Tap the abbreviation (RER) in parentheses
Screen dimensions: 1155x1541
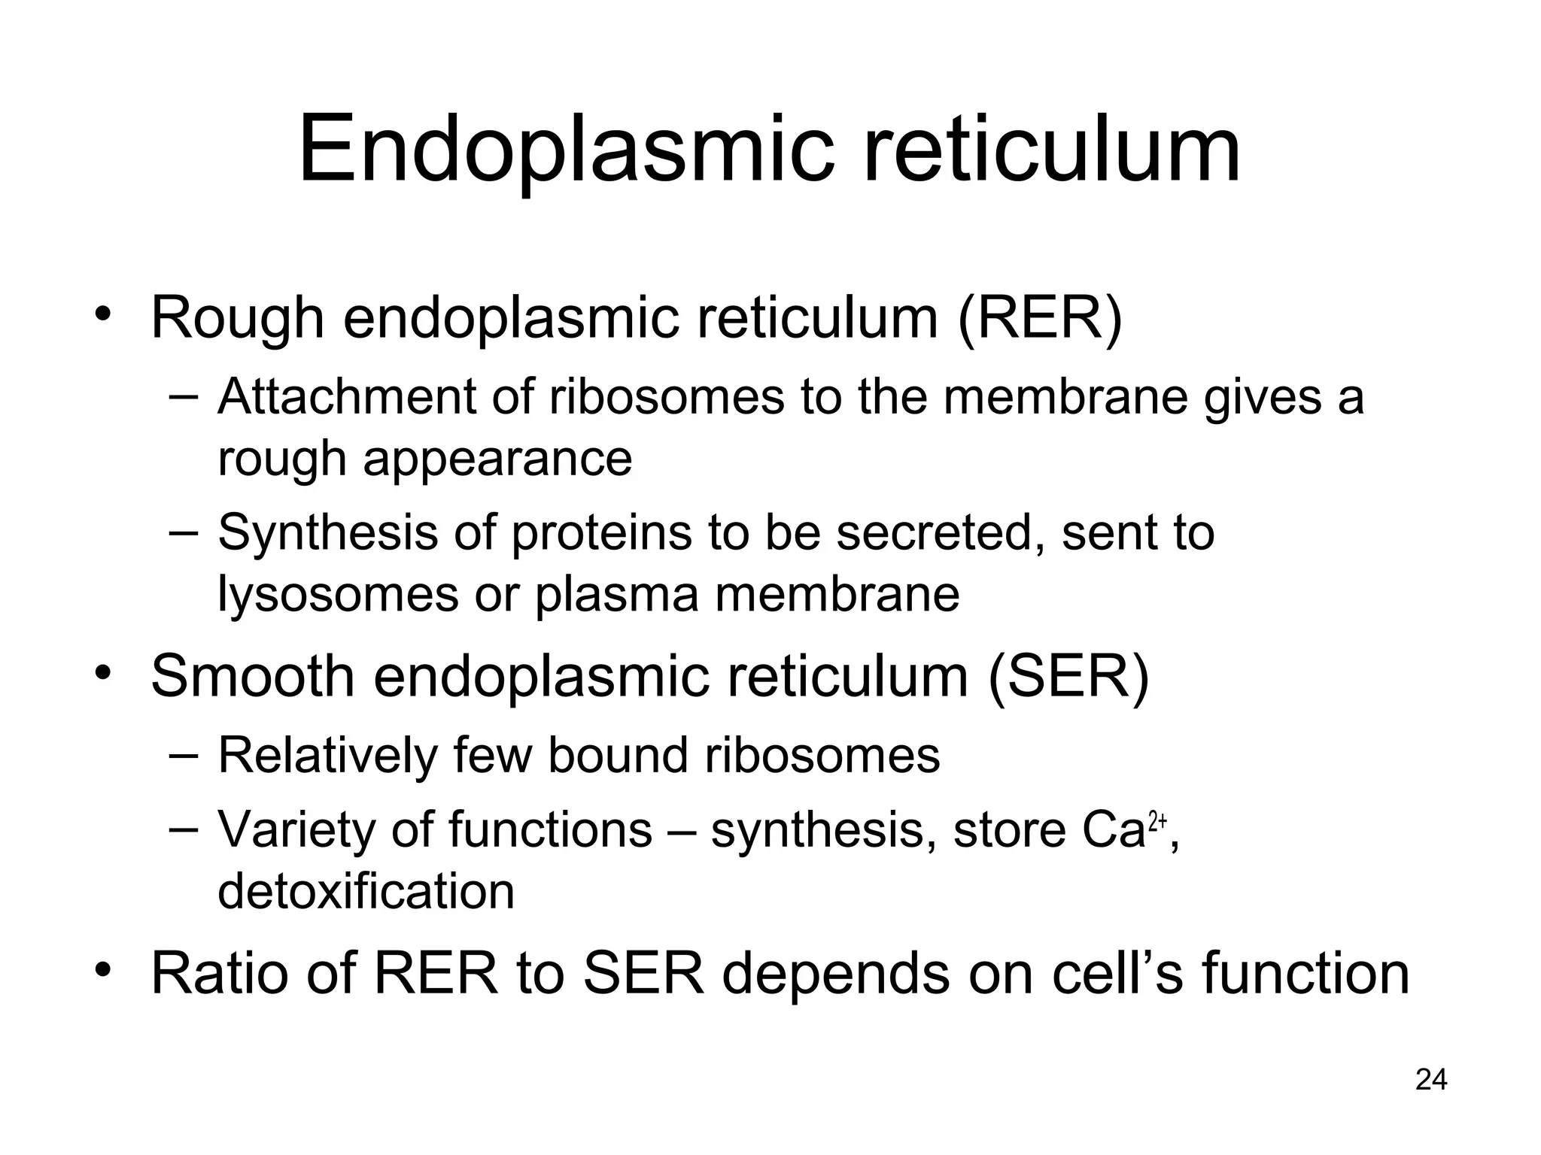[1039, 319]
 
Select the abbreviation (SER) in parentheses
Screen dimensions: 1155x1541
[1068, 677]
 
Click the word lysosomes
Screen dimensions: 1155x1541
[337, 595]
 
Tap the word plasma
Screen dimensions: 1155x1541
[617, 595]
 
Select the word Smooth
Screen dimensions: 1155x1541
[253, 677]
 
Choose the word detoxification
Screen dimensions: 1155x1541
[366, 892]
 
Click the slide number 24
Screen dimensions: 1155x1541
[1430, 1081]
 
